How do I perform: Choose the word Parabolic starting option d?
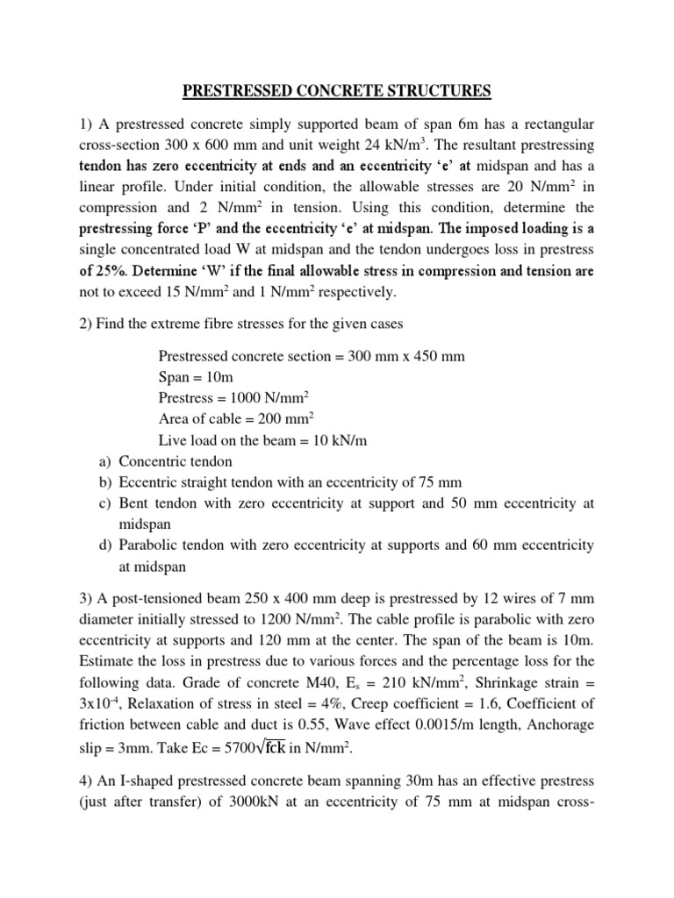coord(149,545)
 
